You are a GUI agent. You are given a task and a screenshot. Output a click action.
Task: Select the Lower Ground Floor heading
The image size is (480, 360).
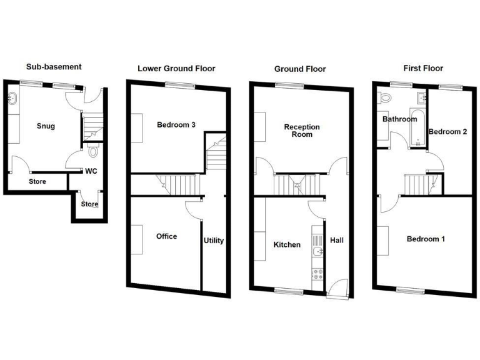click(176, 68)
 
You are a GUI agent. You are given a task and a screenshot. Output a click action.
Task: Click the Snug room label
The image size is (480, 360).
click(46, 126)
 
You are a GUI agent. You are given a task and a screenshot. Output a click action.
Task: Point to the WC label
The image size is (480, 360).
click(91, 171)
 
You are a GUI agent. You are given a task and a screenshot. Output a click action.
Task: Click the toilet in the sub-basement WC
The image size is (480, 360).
click(93, 151)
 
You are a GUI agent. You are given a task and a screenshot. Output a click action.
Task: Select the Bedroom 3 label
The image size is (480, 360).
click(176, 125)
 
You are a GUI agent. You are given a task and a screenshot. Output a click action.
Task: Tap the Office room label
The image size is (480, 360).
click(166, 236)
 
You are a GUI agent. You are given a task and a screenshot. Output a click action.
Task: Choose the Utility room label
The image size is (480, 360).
click(213, 241)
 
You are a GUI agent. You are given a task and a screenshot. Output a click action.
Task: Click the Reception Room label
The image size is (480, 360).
click(302, 131)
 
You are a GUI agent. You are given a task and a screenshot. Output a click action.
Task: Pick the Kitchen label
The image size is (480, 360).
click(287, 244)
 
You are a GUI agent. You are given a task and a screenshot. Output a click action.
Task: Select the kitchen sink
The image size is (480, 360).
click(317, 252)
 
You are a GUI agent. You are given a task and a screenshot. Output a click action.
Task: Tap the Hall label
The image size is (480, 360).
click(337, 240)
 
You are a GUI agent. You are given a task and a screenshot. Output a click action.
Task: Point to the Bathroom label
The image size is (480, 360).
click(400, 119)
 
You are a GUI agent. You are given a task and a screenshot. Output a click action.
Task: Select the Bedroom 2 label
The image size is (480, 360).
click(448, 131)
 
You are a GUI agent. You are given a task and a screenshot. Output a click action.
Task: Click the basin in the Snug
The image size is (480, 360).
click(12, 98)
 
